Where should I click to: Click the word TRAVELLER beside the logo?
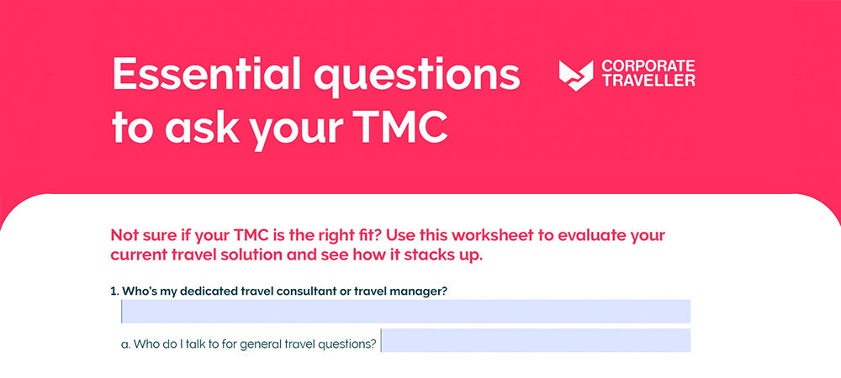[x=648, y=81]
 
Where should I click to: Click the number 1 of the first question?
[x=113, y=291]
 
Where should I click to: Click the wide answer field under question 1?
[x=406, y=312]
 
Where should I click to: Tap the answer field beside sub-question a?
[x=536, y=341]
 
